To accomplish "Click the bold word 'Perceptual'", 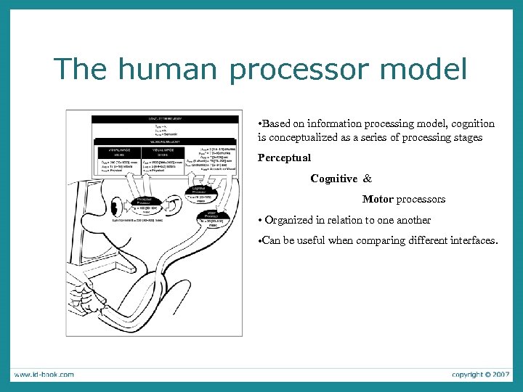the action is tap(284, 158).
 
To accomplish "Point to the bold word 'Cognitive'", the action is tap(333, 179).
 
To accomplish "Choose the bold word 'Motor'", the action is tap(378, 199).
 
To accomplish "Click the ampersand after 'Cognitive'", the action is tap(367, 179).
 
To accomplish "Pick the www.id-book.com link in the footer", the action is tap(43, 375).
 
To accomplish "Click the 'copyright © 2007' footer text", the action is tap(480, 375).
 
